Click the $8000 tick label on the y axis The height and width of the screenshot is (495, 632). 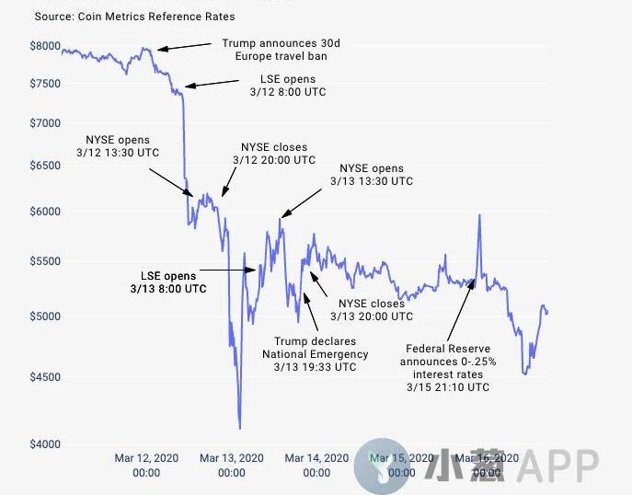pyautogui.click(x=44, y=46)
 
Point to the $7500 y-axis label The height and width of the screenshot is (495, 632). pyautogui.click(x=44, y=84)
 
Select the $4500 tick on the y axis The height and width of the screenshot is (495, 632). pyautogui.click(x=44, y=376)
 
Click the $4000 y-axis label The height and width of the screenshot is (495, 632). pyautogui.click(x=44, y=444)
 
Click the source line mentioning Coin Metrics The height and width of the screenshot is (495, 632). pyautogui.click(x=134, y=17)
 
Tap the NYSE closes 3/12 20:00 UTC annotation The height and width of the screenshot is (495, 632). pyautogui.click(x=274, y=154)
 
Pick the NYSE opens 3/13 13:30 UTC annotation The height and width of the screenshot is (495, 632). pyautogui.click(x=372, y=175)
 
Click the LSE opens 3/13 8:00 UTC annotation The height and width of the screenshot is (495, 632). pyautogui.click(x=167, y=282)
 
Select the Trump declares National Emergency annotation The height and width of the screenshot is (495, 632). pyautogui.click(x=315, y=354)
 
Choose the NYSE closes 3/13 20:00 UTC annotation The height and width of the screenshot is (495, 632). pyautogui.click(x=372, y=310)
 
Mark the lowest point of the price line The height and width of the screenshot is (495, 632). pyautogui.click(x=239, y=428)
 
